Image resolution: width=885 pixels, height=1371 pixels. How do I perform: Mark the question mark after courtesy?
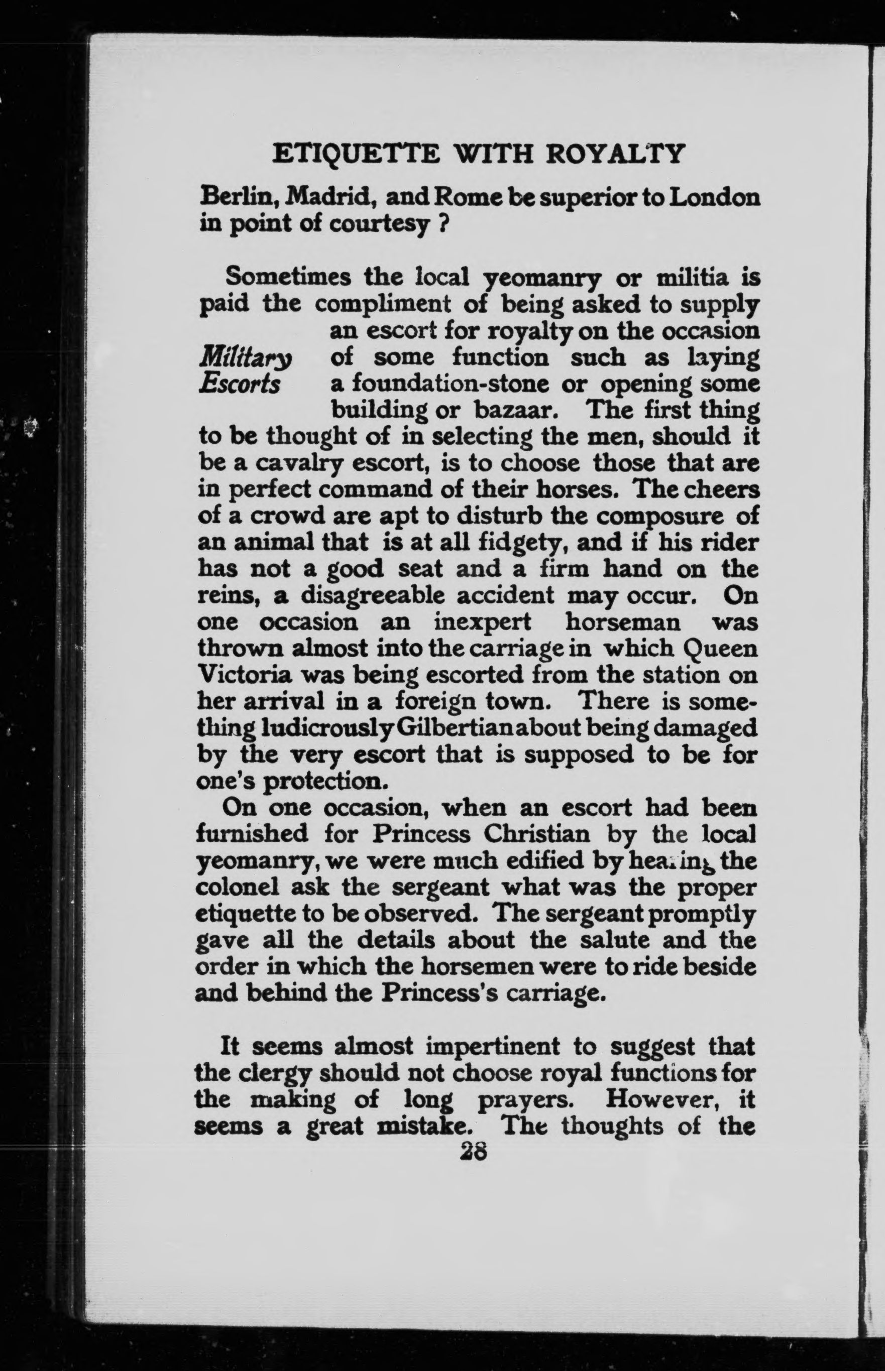pos(443,225)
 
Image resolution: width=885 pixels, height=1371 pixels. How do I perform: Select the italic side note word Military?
pos(245,359)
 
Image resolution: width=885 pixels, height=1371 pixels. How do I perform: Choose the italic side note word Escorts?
pos(240,384)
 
